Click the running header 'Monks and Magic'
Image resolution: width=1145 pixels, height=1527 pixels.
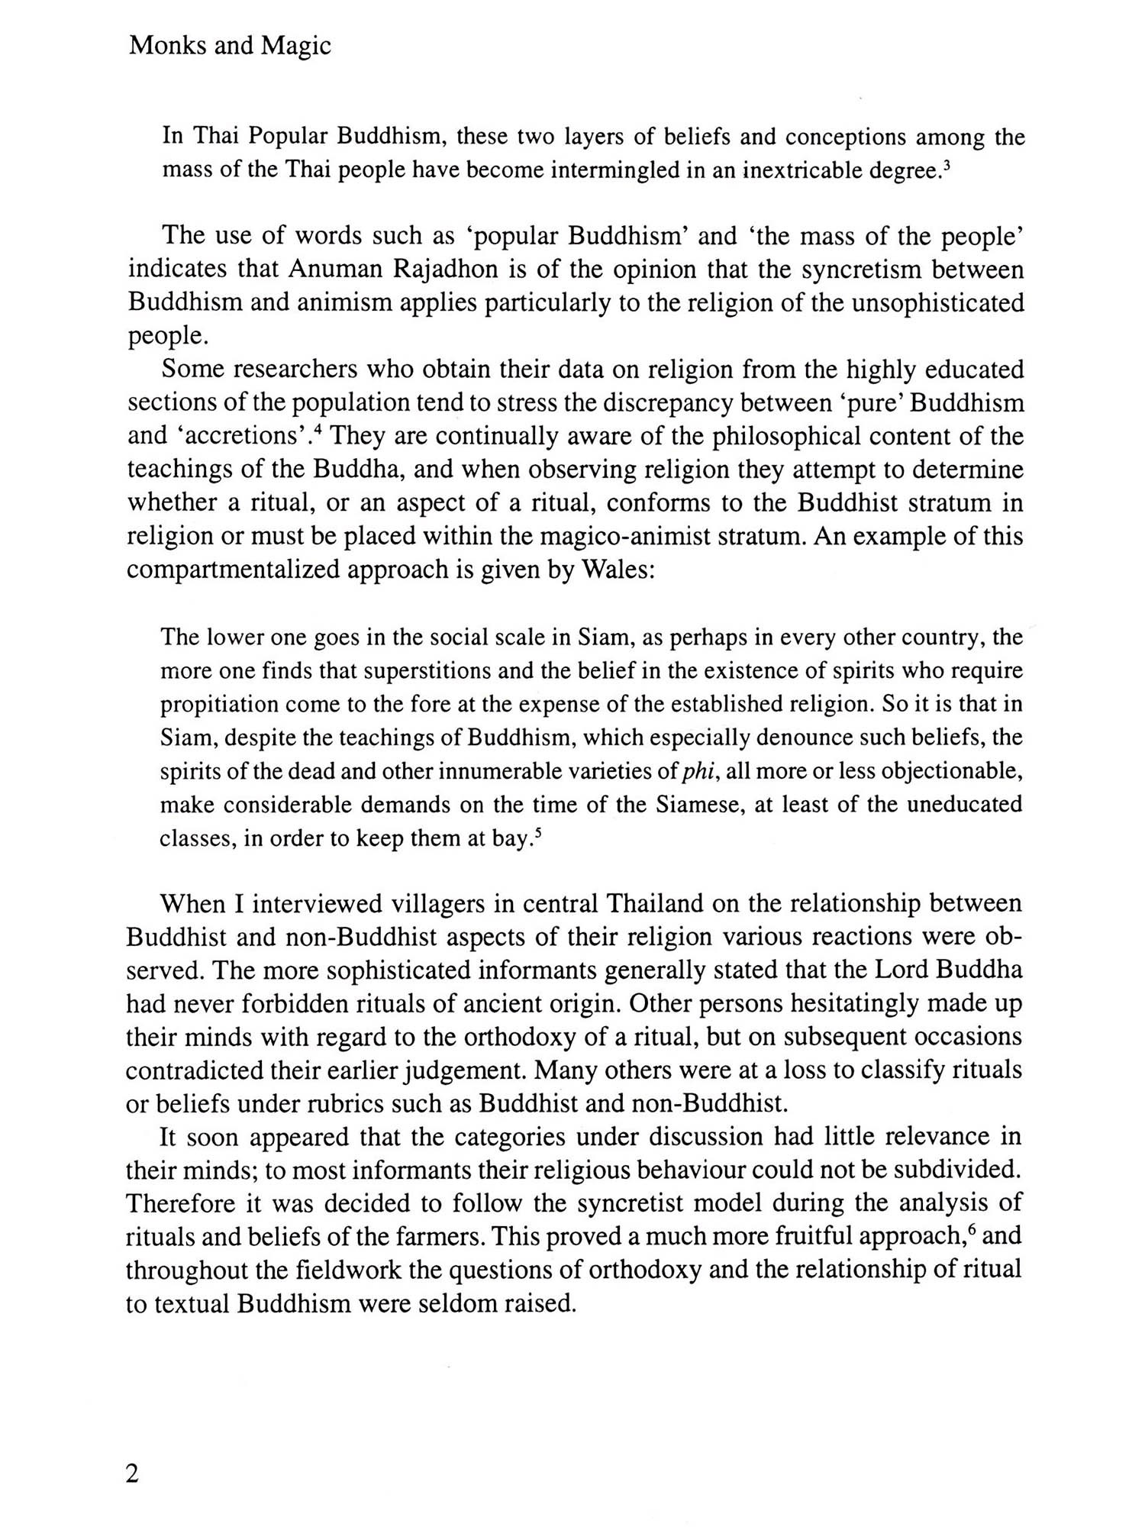click(230, 47)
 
